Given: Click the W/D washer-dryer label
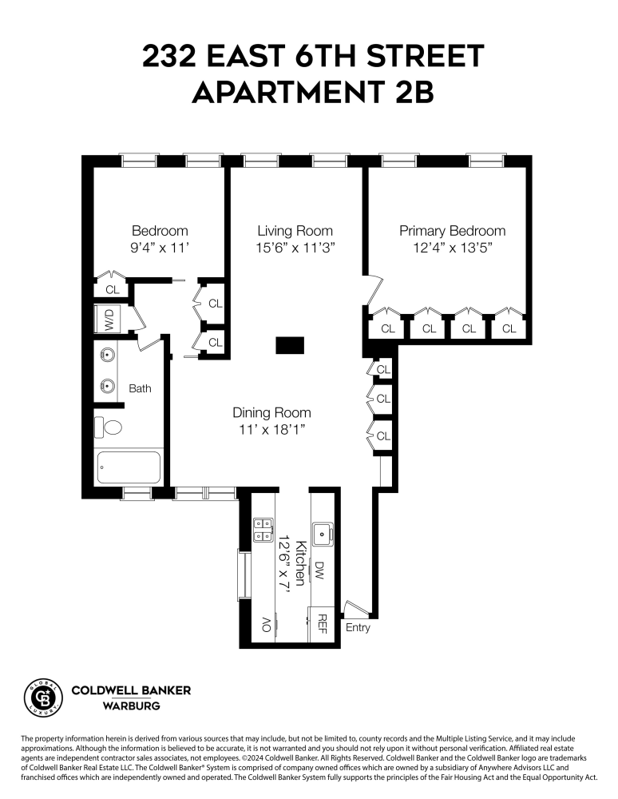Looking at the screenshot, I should coord(109,320).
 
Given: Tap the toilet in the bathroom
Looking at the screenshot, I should coord(109,427).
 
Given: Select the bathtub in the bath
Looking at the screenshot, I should coord(129,467).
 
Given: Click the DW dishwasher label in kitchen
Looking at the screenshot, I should coord(319,570).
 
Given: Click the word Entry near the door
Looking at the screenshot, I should coord(358,628).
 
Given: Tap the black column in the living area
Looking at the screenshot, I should coord(290,345).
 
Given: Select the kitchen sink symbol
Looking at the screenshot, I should coord(322,530).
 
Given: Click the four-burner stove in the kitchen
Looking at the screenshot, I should coord(262,530).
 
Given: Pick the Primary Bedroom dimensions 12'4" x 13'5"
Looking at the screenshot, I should coord(452,248).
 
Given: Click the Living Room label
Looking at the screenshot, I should coord(295,231).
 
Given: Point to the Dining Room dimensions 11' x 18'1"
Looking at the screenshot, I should coord(271,430).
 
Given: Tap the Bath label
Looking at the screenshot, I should coord(140,389).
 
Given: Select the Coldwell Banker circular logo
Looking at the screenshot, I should coord(45,697).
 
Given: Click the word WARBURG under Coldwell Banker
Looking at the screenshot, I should coord(131,706).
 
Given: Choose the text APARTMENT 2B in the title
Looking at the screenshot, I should coord(312,93).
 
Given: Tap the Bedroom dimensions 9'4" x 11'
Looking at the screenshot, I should coord(160,248).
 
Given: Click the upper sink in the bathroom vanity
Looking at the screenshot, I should coord(107,354).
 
